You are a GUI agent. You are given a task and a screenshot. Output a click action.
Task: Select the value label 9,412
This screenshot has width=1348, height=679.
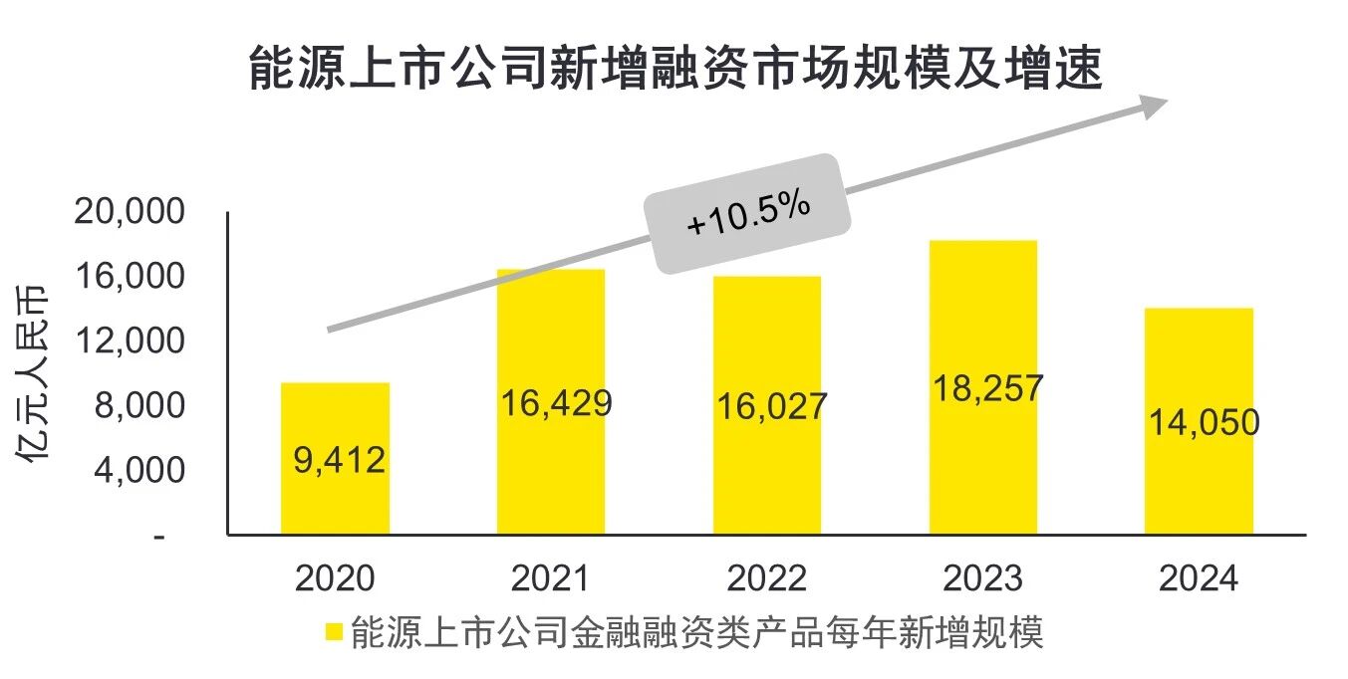[x=340, y=460]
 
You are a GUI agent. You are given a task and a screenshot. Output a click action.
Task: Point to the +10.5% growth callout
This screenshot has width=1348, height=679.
[x=749, y=214]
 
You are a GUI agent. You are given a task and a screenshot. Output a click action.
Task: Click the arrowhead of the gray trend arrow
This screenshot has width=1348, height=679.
[x=1155, y=105]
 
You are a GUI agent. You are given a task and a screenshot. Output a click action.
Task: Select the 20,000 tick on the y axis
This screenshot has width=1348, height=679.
[x=130, y=212]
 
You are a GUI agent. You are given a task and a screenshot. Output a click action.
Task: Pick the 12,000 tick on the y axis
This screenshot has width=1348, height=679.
[x=130, y=341]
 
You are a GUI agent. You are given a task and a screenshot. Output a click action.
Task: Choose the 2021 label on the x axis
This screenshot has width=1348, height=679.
[x=551, y=578]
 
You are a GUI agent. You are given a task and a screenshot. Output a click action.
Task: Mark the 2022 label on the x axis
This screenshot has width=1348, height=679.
[x=767, y=578]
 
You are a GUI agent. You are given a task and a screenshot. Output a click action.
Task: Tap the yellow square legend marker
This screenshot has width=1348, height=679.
[x=335, y=631]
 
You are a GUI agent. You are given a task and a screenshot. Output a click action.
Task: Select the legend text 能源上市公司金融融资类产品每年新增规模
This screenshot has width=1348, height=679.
[x=697, y=631]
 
